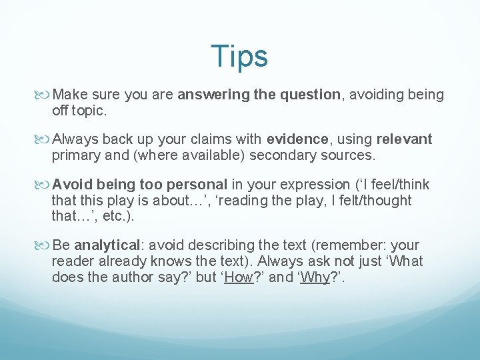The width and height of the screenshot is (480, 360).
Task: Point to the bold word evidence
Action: [x=297, y=139]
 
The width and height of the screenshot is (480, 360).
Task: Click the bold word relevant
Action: [x=404, y=139]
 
